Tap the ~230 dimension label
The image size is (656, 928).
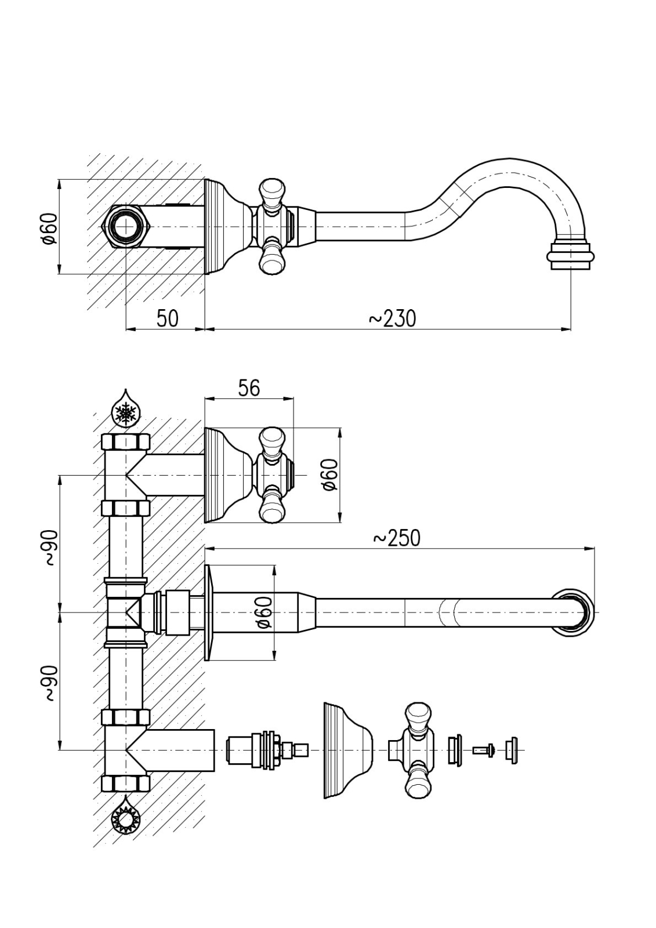point(393,318)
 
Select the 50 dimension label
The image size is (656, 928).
point(167,318)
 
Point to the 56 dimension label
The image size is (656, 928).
point(249,387)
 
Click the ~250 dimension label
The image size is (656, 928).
point(397,538)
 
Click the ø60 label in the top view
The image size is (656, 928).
point(50,228)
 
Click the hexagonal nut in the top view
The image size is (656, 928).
point(126,226)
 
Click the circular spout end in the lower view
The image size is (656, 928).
point(573,612)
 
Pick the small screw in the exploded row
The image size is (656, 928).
point(483,750)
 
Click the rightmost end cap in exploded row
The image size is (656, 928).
point(511,750)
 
